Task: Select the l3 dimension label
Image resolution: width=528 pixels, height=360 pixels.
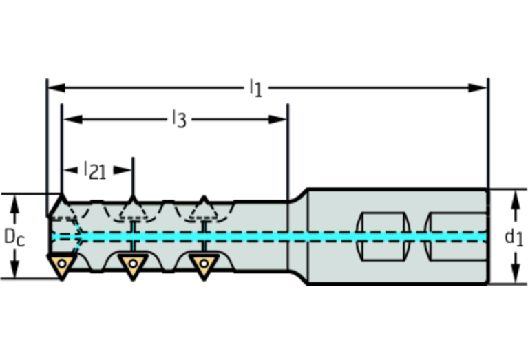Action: (x=179, y=119)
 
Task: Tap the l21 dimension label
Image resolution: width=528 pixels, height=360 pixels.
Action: (x=95, y=170)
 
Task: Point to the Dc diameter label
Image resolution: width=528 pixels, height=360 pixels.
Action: (x=14, y=237)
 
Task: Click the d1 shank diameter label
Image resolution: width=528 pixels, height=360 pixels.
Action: (x=514, y=237)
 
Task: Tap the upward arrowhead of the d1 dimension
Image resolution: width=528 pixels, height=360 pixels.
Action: (x=514, y=198)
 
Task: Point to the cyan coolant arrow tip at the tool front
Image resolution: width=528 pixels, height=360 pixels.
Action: (x=83, y=236)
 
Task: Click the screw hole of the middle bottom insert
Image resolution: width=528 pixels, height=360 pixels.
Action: (x=132, y=262)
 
